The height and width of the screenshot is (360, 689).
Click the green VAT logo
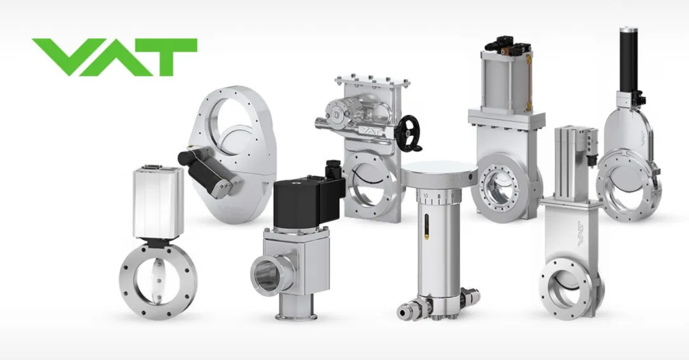coord(114,57)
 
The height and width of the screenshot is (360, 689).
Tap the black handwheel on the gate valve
coord(410,133)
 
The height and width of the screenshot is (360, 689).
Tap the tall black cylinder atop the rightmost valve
coord(628,59)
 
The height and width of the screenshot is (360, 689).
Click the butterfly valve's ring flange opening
coord(158,281)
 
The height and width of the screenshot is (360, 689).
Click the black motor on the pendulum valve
coord(209,169)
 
